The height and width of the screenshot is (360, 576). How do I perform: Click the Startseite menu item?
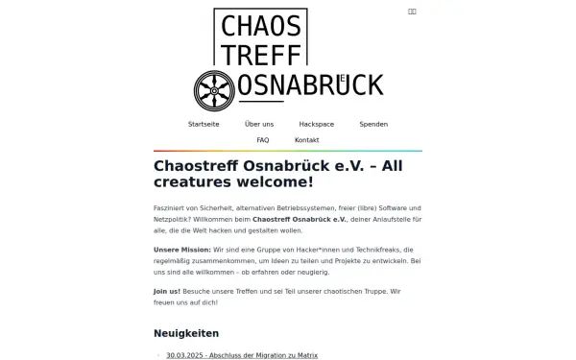pos(204,125)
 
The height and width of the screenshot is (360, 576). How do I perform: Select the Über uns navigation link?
pos(259,125)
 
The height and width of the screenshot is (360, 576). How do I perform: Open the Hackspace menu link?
pos(316,125)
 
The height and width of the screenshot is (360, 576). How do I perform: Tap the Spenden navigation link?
pos(373,125)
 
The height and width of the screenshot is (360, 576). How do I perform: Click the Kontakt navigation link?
pos(307,140)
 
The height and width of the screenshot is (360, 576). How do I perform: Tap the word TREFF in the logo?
pos(261,55)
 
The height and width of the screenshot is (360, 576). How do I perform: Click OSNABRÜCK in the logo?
pos(309,85)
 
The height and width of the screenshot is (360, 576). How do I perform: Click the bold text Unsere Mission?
pos(180,249)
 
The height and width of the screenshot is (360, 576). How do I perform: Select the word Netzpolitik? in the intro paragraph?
pos(173,220)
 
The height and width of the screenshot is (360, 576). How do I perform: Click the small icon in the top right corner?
pos(412,12)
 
